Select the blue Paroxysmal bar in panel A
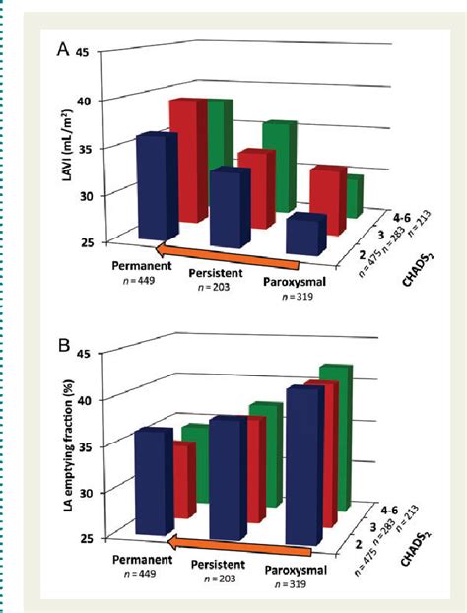click(305, 237)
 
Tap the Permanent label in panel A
click(134, 266)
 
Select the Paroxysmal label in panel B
click(300, 569)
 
